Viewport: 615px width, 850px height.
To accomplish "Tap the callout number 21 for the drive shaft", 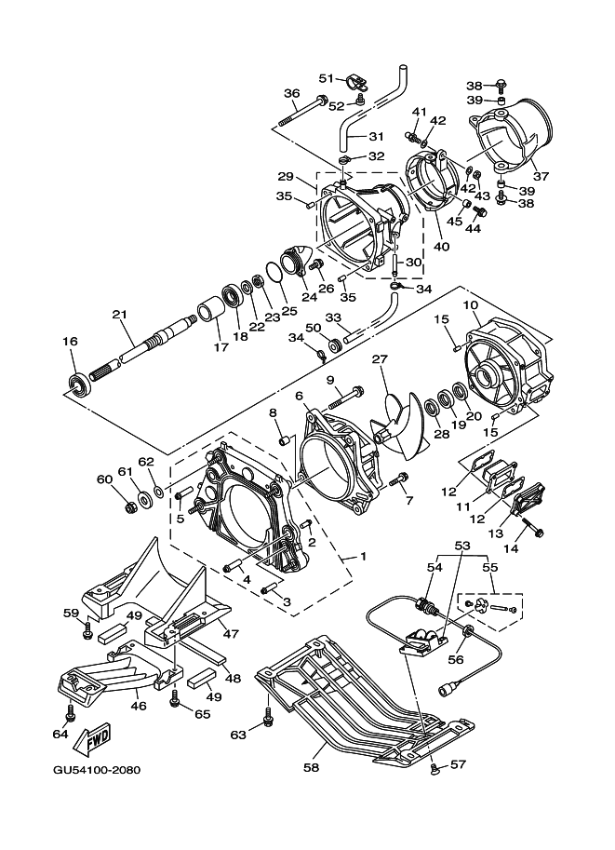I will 118,314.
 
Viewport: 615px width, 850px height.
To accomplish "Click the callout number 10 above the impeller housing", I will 472,305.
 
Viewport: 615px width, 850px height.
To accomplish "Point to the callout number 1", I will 364,556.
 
